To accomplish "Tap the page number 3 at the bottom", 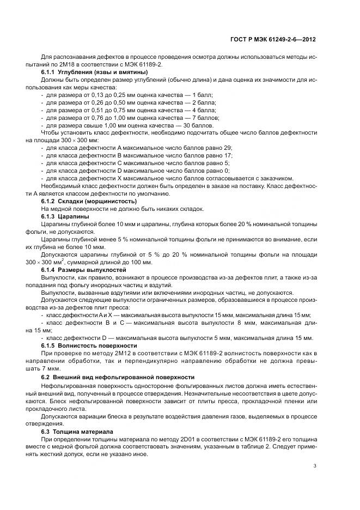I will click(x=315, y=465).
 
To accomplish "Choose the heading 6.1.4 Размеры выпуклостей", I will click(x=84, y=270).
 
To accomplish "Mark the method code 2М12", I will click(x=101, y=353).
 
